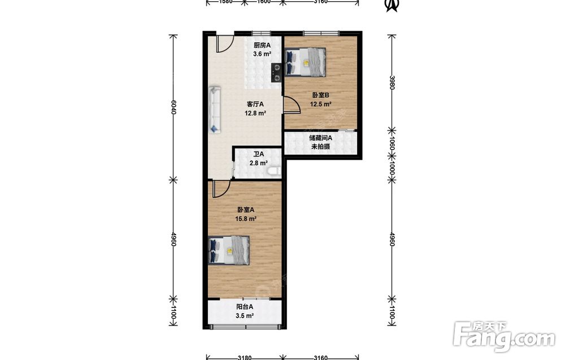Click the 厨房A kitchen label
[262, 45]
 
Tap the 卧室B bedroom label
[321, 96]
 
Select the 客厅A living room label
[255, 104]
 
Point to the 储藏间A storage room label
[321, 138]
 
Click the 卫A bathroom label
[258, 154]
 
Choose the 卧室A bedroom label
[246, 210]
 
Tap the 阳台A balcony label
[245, 307]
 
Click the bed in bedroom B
[305, 62]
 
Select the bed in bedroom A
[229, 250]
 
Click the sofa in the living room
[215, 110]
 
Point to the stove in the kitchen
[276, 72]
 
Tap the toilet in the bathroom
[275, 171]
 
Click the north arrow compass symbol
[392, 5]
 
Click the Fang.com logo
[504, 337]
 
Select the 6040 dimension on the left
[173, 107]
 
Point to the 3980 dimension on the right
[392, 83]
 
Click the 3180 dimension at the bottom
[245, 358]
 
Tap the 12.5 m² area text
[321, 105]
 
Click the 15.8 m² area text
[246, 219]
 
